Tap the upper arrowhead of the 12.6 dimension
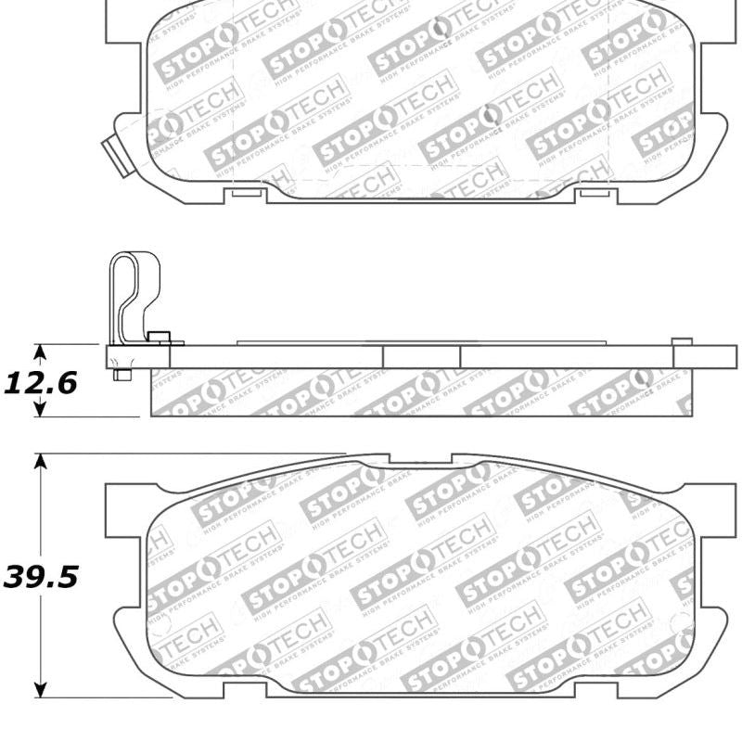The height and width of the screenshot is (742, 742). click(x=39, y=352)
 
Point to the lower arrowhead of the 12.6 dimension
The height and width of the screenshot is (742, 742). click(x=39, y=409)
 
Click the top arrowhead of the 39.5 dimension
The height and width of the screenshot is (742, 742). click(x=40, y=462)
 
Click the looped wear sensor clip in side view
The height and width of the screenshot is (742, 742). click(x=133, y=297)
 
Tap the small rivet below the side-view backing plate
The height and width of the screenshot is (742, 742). click(x=120, y=374)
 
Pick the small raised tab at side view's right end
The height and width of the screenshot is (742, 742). click(x=680, y=340)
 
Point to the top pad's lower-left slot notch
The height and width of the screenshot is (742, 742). click(x=245, y=192)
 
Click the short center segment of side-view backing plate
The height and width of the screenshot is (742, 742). click(x=421, y=357)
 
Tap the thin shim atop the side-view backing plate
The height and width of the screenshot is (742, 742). click(x=417, y=342)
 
